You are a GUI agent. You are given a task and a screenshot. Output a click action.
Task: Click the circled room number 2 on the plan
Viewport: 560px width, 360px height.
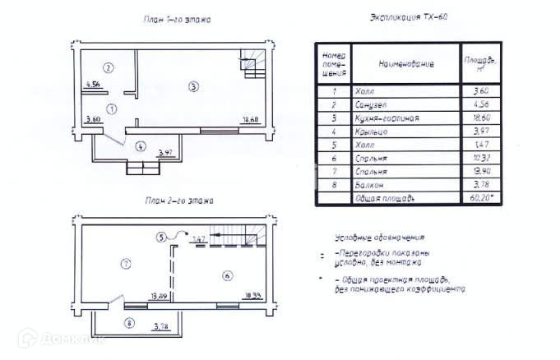point(108,67)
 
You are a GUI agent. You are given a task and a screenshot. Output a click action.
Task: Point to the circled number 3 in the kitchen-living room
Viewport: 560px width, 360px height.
point(192,85)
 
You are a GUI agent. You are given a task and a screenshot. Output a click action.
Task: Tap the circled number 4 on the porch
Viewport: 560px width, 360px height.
point(141,146)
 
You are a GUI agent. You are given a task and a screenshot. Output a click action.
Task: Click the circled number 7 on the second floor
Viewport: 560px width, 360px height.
point(125,264)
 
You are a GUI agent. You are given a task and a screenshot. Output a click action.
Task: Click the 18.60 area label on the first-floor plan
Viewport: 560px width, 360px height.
point(252,121)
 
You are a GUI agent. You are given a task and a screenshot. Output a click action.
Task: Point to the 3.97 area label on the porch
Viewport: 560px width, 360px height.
point(164,153)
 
